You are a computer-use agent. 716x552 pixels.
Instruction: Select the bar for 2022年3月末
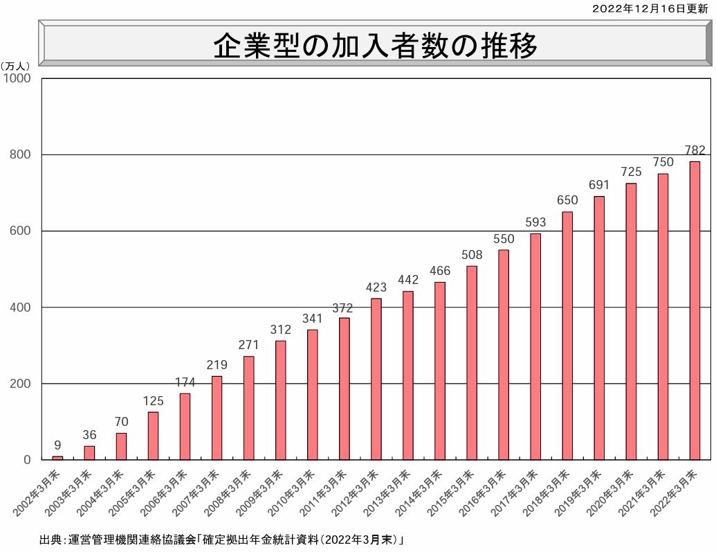[x=694, y=310]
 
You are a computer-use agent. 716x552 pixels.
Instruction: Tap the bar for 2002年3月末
[x=57, y=458]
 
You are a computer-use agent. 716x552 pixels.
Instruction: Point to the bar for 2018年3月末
[x=567, y=336]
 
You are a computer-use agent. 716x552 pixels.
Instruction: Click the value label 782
[x=694, y=150]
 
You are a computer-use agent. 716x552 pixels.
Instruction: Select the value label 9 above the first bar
[x=57, y=445]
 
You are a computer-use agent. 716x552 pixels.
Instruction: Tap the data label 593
[x=535, y=222]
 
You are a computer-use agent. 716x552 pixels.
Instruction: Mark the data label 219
[x=217, y=365]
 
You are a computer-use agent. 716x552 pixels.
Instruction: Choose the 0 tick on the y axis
[x=28, y=460]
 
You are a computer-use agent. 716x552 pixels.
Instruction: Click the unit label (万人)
[x=15, y=66]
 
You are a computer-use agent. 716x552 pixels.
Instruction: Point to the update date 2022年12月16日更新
[x=650, y=8]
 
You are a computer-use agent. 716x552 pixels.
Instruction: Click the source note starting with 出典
[x=221, y=540]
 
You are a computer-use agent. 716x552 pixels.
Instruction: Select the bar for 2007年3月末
[x=217, y=418]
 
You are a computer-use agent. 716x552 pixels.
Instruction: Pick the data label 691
[x=599, y=185]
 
